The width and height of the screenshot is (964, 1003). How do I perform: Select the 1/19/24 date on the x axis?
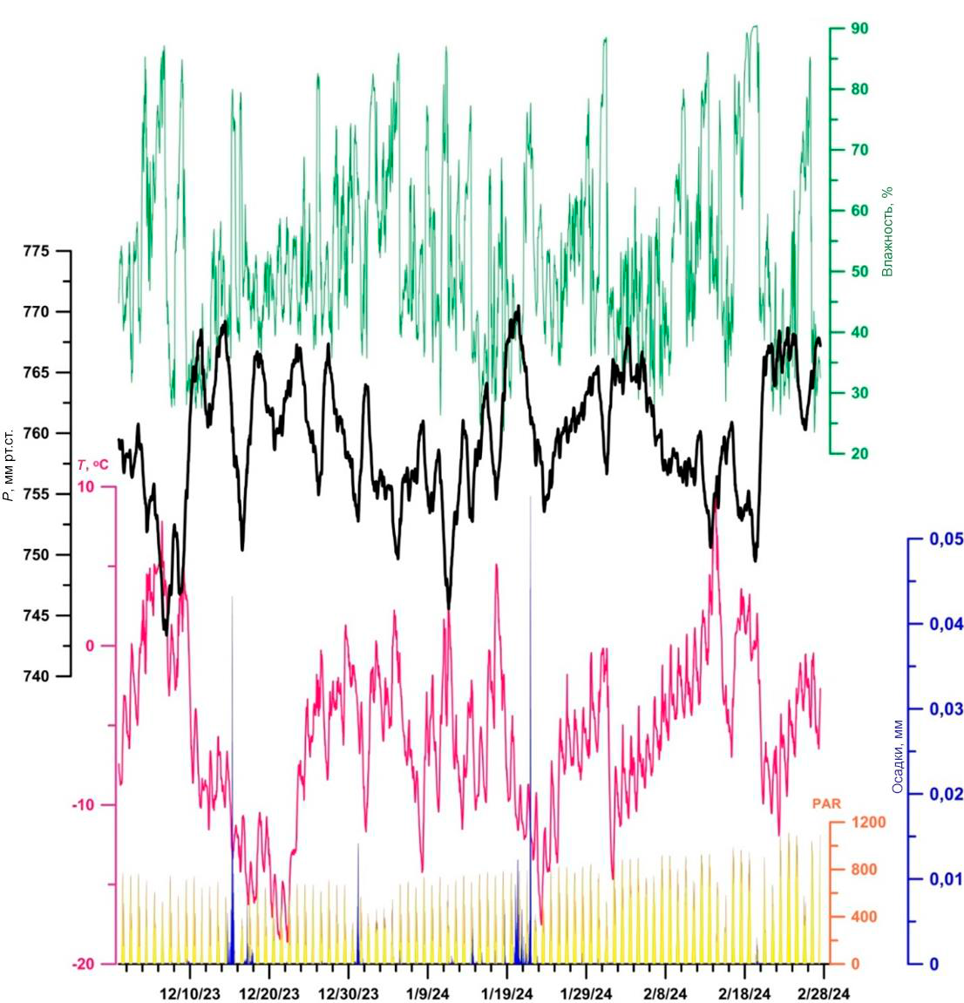click(x=507, y=993)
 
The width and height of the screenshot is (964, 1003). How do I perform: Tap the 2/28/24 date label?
click(x=824, y=993)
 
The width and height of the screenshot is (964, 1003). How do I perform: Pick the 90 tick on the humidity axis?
click(x=859, y=29)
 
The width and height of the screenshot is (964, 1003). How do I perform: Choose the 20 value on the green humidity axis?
click(x=859, y=454)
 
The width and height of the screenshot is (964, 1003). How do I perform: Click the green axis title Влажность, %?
click(x=888, y=232)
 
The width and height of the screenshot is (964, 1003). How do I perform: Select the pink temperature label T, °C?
click(x=93, y=465)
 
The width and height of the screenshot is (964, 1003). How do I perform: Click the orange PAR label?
click(x=826, y=803)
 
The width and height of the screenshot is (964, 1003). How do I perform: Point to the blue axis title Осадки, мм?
click(x=897, y=756)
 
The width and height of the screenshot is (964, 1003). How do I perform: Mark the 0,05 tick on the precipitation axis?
click(x=945, y=539)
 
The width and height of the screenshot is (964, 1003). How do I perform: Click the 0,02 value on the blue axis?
click(x=945, y=794)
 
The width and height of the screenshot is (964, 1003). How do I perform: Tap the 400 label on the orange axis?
click(x=863, y=917)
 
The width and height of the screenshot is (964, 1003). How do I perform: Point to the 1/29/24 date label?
click(x=587, y=993)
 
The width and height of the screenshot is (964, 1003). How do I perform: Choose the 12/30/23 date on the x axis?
click(x=348, y=993)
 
